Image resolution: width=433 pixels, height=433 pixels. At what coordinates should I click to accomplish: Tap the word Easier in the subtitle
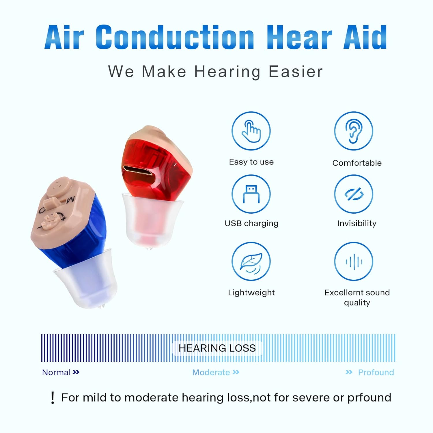[x=296, y=72]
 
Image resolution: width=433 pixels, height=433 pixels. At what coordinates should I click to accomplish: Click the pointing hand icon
[x=251, y=131]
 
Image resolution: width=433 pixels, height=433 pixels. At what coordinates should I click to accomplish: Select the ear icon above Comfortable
[x=353, y=131]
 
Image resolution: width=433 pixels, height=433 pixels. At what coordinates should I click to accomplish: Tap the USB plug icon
[x=251, y=194]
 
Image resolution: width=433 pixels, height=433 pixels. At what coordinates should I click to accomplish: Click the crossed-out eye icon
[x=353, y=194]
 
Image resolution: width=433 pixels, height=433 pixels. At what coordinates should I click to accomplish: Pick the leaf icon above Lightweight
[x=251, y=262]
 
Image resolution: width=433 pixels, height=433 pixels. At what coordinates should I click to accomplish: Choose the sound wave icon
[x=353, y=262]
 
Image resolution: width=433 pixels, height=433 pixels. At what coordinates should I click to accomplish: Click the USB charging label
[x=251, y=223]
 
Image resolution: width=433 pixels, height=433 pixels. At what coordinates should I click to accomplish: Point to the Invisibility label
[x=357, y=223]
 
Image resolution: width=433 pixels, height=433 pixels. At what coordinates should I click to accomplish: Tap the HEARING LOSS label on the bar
[x=217, y=348]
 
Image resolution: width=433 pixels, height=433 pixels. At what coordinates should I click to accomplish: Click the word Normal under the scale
[x=56, y=372]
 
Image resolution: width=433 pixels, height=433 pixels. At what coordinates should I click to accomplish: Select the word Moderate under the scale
[x=211, y=372]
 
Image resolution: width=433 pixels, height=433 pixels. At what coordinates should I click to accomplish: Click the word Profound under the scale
[x=376, y=372]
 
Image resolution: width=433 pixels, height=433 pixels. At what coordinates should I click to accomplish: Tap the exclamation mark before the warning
[x=52, y=398]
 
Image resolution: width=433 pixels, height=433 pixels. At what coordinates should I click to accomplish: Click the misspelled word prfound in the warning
[x=369, y=398]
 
